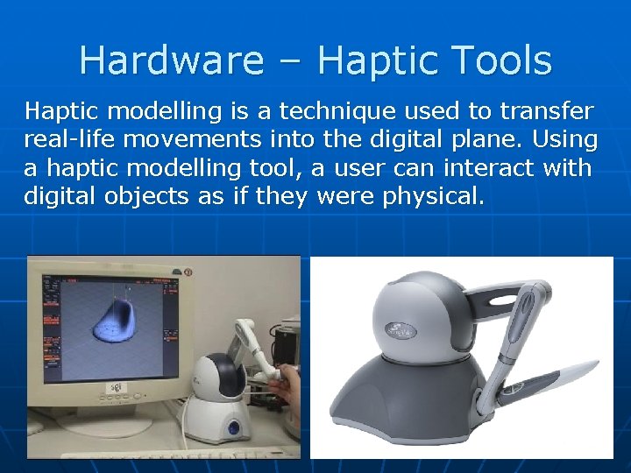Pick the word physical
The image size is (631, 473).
(x=433, y=195)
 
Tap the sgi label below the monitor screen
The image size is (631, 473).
(x=114, y=387)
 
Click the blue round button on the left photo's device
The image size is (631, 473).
(x=234, y=427)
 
